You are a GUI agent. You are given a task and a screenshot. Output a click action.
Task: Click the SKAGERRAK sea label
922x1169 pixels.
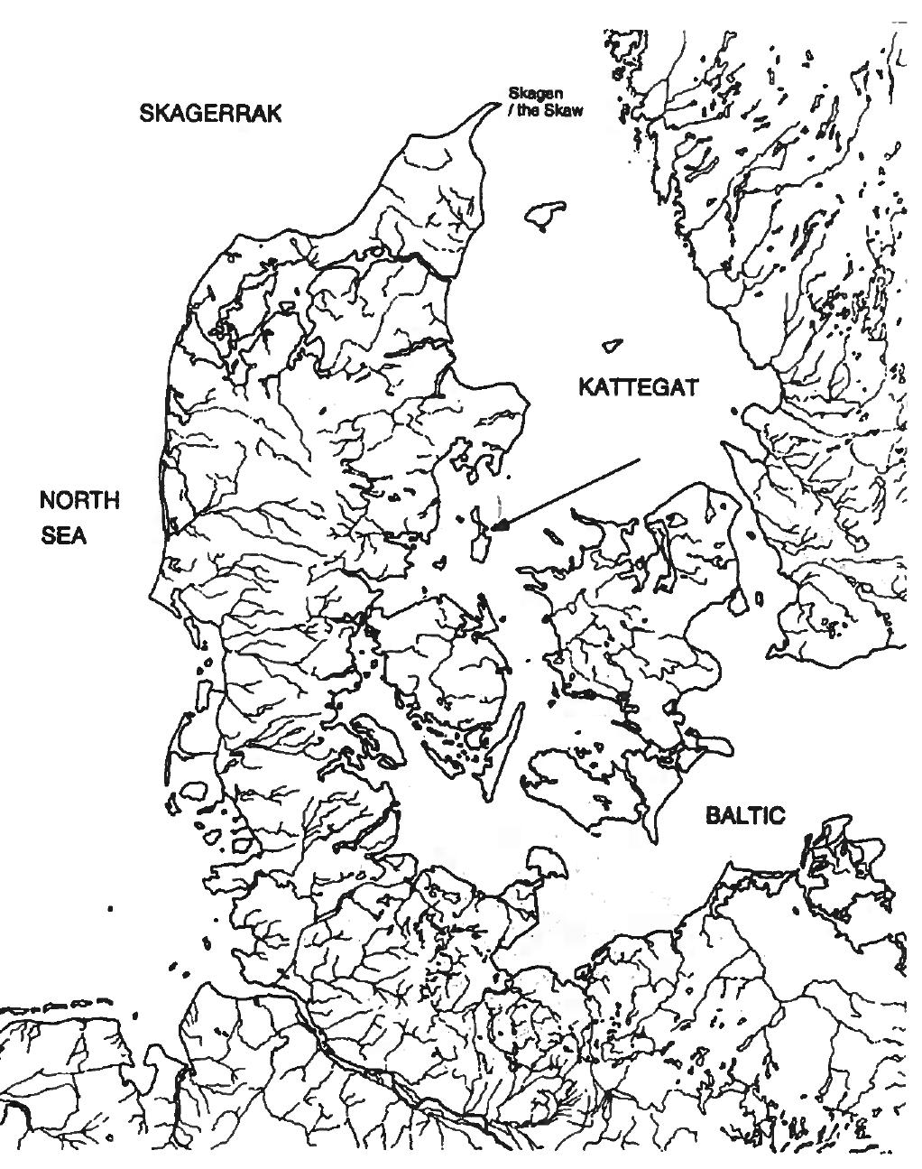(210, 113)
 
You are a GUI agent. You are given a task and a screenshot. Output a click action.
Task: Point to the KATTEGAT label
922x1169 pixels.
(638, 387)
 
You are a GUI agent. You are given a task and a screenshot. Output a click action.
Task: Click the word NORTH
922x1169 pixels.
(80, 501)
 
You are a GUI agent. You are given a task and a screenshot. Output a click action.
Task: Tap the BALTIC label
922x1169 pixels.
(745, 816)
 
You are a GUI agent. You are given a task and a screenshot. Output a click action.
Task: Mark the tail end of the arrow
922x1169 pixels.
(639, 459)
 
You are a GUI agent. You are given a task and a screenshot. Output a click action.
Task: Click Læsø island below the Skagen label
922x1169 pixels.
(546, 214)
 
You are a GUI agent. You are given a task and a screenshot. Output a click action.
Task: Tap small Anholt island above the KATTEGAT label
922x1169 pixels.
(612, 346)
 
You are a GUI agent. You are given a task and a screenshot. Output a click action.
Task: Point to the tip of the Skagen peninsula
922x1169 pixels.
(495, 106)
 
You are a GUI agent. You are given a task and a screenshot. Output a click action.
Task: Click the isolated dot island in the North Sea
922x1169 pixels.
(110, 909)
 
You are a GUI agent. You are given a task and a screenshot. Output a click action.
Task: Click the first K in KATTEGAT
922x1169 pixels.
(585, 387)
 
